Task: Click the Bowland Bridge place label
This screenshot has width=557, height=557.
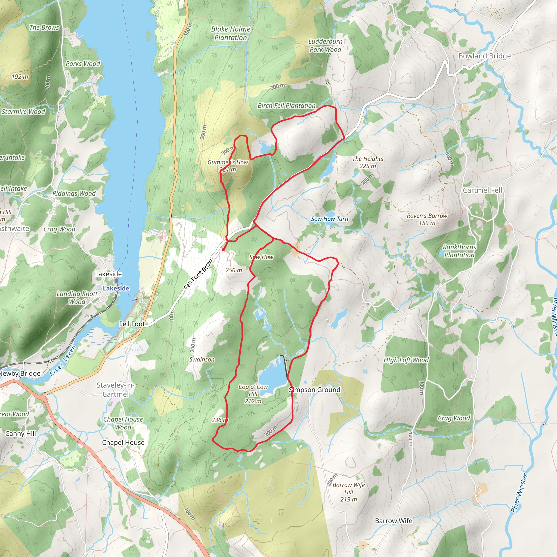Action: (x=484, y=56)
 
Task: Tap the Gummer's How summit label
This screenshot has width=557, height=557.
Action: (x=228, y=166)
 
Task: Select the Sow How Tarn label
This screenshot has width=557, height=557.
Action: (x=330, y=219)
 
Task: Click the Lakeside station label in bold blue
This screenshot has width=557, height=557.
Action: (x=116, y=288)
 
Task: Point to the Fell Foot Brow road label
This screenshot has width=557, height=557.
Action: (x=198, y=274)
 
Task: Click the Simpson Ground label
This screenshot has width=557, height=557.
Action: (x=315, y=390)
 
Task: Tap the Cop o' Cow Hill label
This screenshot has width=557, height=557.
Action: (x=253, y=394)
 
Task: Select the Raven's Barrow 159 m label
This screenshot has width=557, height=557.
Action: (x=427, y=219)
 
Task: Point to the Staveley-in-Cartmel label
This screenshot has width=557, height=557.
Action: (x=115, y=389)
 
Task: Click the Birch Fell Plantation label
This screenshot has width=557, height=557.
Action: (x=287, y=106)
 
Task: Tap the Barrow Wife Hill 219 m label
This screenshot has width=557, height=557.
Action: (x=349, y=492)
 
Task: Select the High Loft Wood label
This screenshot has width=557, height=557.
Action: (x=406, y=360)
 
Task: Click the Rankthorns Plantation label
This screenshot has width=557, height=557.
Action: (x=459, y=251)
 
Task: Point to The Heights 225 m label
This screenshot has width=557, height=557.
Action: (x=368, y=162)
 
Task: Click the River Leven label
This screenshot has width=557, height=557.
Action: (x=63, y=361)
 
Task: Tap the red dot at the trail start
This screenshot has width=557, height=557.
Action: (x=223, y=250)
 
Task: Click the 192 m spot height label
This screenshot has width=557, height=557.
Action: (x=20, y=77)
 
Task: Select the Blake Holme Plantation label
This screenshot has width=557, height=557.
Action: (x=231, y=33)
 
